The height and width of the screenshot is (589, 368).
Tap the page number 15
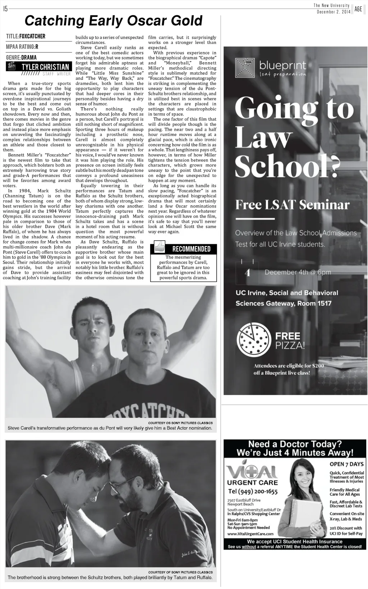point(5,9)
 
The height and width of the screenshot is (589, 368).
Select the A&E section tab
point(358,9)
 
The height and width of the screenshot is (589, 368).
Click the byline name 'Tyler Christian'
point(45,67)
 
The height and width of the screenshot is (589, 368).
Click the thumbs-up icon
point(159,247)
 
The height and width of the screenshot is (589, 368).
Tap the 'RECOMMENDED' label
point(191,249)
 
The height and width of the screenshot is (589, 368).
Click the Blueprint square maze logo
point(245,68)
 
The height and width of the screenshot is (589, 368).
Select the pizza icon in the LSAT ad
point(253,339)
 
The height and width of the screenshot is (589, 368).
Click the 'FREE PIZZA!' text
point(290,341)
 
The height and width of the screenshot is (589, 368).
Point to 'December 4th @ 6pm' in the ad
point(298,272)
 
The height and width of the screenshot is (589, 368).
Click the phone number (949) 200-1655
point(253,491)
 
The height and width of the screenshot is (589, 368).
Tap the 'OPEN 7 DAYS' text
point(346,464)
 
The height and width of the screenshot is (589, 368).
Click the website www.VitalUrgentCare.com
point(250,534)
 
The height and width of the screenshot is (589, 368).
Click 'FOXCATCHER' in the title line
point(32,36)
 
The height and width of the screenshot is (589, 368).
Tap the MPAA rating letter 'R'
point(37,47)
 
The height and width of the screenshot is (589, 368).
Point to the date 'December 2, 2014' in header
point(333,12)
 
